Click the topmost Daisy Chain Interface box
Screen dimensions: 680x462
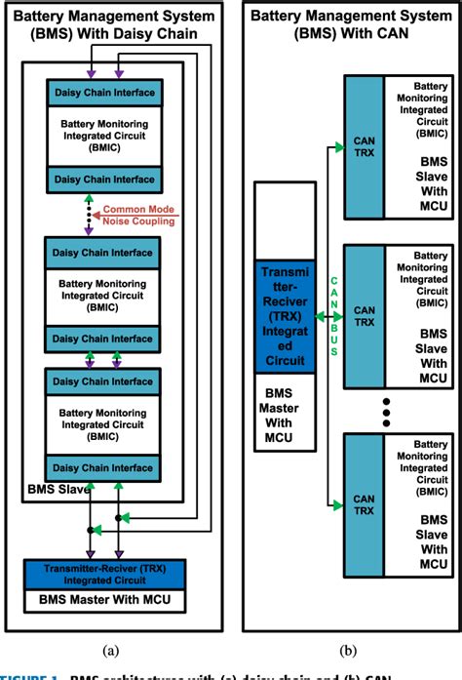[104, 94]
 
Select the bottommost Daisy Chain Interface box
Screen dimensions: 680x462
[104, 467]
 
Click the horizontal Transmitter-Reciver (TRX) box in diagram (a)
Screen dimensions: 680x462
[104, 571]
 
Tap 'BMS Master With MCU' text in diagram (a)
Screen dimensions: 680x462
[104, 597]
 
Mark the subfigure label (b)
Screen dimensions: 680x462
[349, 649]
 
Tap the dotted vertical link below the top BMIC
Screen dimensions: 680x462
[90, 215]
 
